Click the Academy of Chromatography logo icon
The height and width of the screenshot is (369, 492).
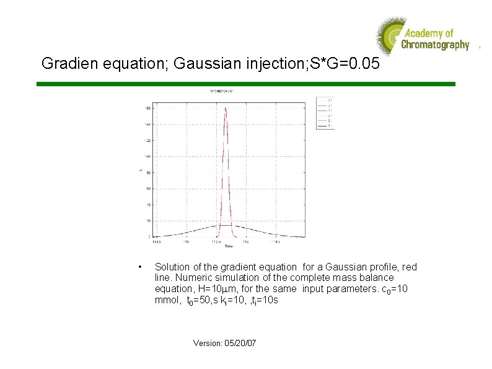click(389, 37)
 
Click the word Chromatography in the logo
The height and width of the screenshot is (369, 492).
click(435, 45)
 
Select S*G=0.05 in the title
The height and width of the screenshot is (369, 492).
click(339, 63)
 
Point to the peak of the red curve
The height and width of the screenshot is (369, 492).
click(226, 109)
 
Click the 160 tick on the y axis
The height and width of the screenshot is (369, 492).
click(147, 109)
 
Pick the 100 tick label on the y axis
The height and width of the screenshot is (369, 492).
click(147, 157)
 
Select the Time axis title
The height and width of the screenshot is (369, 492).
click(228, 246)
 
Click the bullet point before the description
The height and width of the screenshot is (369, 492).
click(143, 267)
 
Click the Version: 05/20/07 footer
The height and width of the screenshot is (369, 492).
click(224, 342)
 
